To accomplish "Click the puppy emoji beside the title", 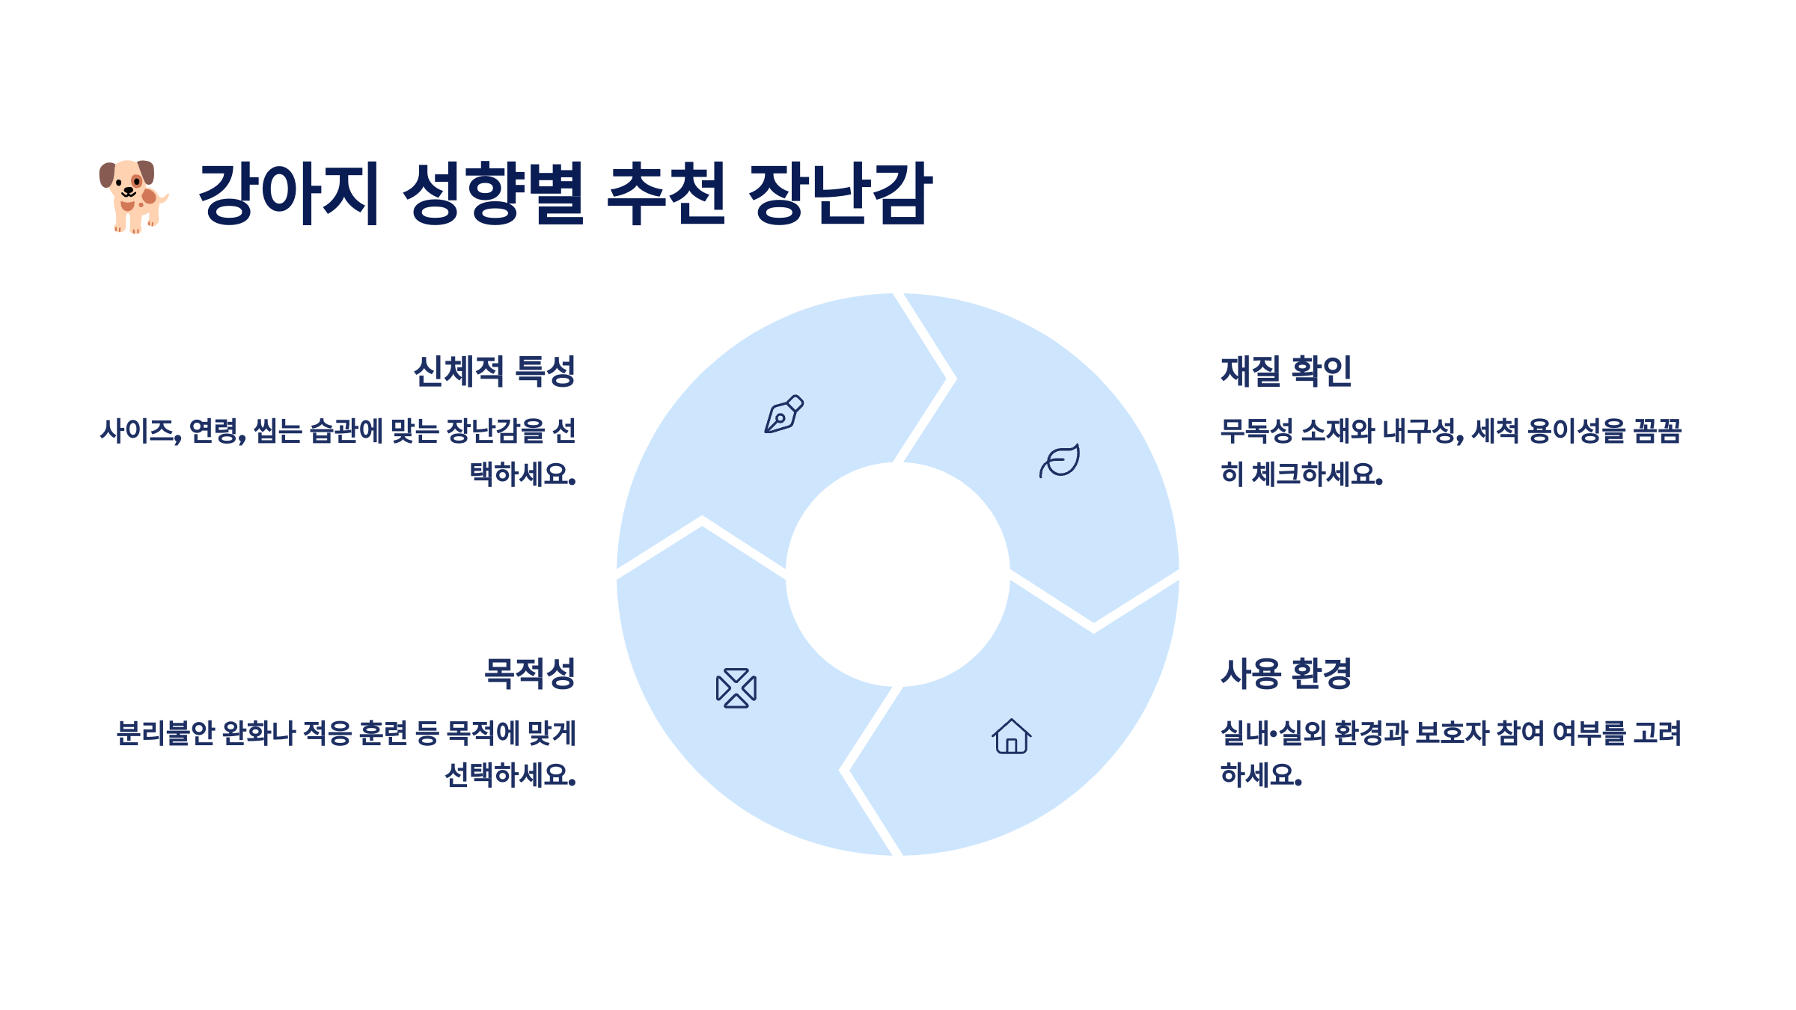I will pos(133,196).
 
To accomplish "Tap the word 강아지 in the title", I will pos(289,193).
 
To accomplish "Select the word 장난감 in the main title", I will pos(840,193).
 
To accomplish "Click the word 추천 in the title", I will pos(665,193).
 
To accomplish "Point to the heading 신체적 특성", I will pos(494,371).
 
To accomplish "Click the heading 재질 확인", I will pos(1286,371).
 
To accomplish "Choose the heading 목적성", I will pos(529,673).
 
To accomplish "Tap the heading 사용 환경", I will pos(1286,673).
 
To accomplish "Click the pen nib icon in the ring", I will pos(784,414).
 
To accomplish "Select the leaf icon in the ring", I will pos(1060,460).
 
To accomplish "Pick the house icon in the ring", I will pos(1012,736).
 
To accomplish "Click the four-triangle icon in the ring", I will pos(736,688).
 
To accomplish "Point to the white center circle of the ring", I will pos(897,575).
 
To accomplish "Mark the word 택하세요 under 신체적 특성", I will pos(522,474).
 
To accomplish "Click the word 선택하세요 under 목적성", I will pos(510,775).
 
